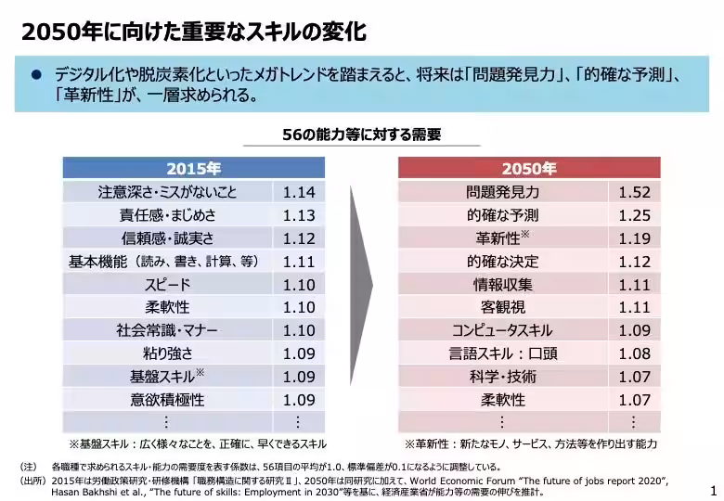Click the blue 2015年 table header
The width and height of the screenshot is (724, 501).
coord(193,168)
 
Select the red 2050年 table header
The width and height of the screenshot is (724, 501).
coord(529,168)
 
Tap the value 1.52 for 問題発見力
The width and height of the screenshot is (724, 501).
coord(634,192)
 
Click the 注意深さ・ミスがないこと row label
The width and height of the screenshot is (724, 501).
coord(167,192)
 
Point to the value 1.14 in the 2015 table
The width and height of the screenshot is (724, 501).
coord(299,192)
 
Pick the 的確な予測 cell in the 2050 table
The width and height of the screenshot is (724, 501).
coord(503,215)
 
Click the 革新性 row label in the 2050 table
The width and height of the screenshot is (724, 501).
coord(502,238)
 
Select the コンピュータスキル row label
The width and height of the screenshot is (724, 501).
coord(502,330)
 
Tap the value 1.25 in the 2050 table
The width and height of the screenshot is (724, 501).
coord(634,215)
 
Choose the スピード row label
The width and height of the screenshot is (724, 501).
coord(167,284)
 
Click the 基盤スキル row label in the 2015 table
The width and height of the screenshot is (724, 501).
coord(167,377)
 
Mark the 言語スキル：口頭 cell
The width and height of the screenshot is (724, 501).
coord(503,353)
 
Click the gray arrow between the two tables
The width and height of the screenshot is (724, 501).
coord(361,286)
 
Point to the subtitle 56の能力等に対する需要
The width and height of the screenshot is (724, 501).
coord(362,135)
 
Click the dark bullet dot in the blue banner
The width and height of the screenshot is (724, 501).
coord(37,74)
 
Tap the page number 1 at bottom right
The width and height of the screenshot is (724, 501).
coord(714,490)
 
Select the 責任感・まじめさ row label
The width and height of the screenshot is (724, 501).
coord(167,215)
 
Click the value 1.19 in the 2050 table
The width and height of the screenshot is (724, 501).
coord(634,238)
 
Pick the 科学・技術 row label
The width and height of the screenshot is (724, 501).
coord(503,377)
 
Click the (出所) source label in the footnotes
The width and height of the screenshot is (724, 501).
coord(32,481)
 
